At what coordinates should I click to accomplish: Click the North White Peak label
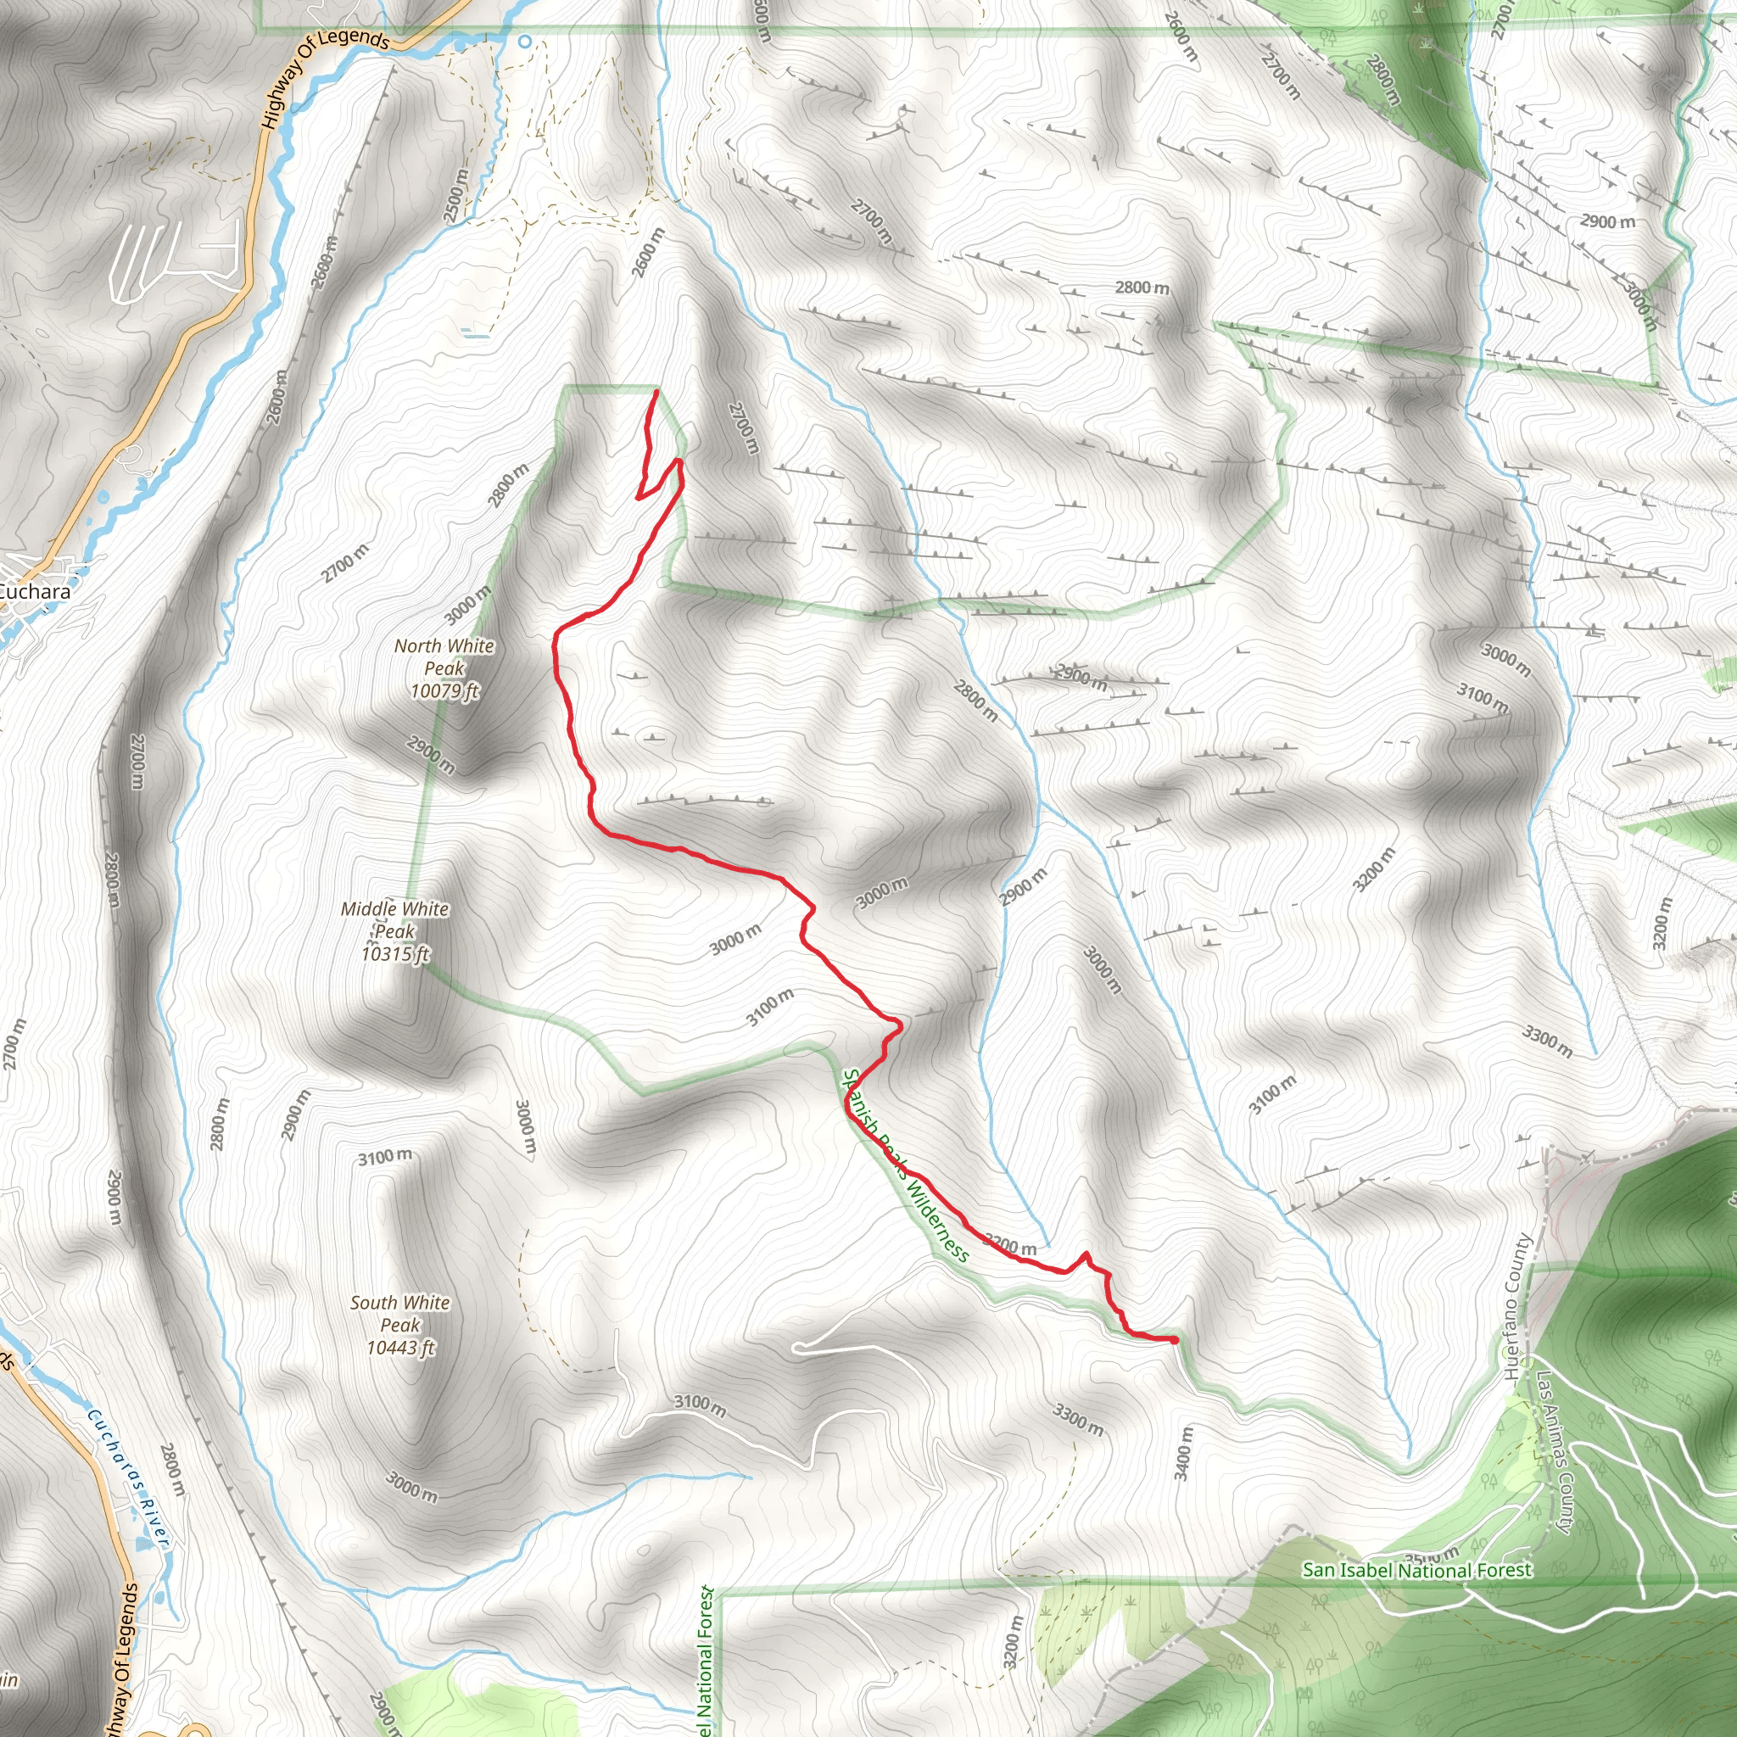point(444,657)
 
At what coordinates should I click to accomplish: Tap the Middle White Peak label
point(394,919)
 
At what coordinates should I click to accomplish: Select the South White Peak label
point(400,1313)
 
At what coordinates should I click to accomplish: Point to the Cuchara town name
point(34,593)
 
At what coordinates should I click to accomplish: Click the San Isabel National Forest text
point(1416,1571)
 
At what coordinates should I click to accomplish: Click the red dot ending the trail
point(1174,1341)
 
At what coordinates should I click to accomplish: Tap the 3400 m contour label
point(1183,1453)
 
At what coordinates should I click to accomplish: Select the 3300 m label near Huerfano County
point(1546,1042)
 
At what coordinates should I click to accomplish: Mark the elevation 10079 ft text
point(444,691)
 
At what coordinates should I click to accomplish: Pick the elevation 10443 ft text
point(400,1348)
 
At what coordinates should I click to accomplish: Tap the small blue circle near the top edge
point(525,42)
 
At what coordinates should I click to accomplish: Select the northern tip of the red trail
point(656,391)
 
